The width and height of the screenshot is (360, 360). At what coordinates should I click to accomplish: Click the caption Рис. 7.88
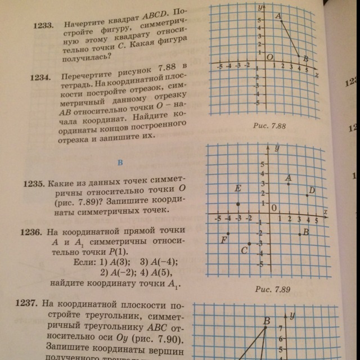271,127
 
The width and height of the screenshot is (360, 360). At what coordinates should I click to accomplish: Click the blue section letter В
120,163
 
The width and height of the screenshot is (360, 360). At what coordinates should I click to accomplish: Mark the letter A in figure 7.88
278,17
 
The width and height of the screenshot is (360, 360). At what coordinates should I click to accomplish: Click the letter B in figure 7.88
305,58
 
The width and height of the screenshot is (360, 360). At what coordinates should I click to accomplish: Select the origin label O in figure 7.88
269,57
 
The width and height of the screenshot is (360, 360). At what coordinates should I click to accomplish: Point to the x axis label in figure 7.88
317,74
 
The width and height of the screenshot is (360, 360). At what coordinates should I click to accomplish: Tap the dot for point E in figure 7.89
238,204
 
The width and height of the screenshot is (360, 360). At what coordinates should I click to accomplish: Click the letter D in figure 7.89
312,190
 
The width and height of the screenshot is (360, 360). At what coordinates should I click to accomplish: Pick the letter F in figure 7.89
224,240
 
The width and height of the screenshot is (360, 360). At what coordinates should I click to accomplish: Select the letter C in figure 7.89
244,251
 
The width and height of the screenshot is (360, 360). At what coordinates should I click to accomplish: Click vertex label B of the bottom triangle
267,321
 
